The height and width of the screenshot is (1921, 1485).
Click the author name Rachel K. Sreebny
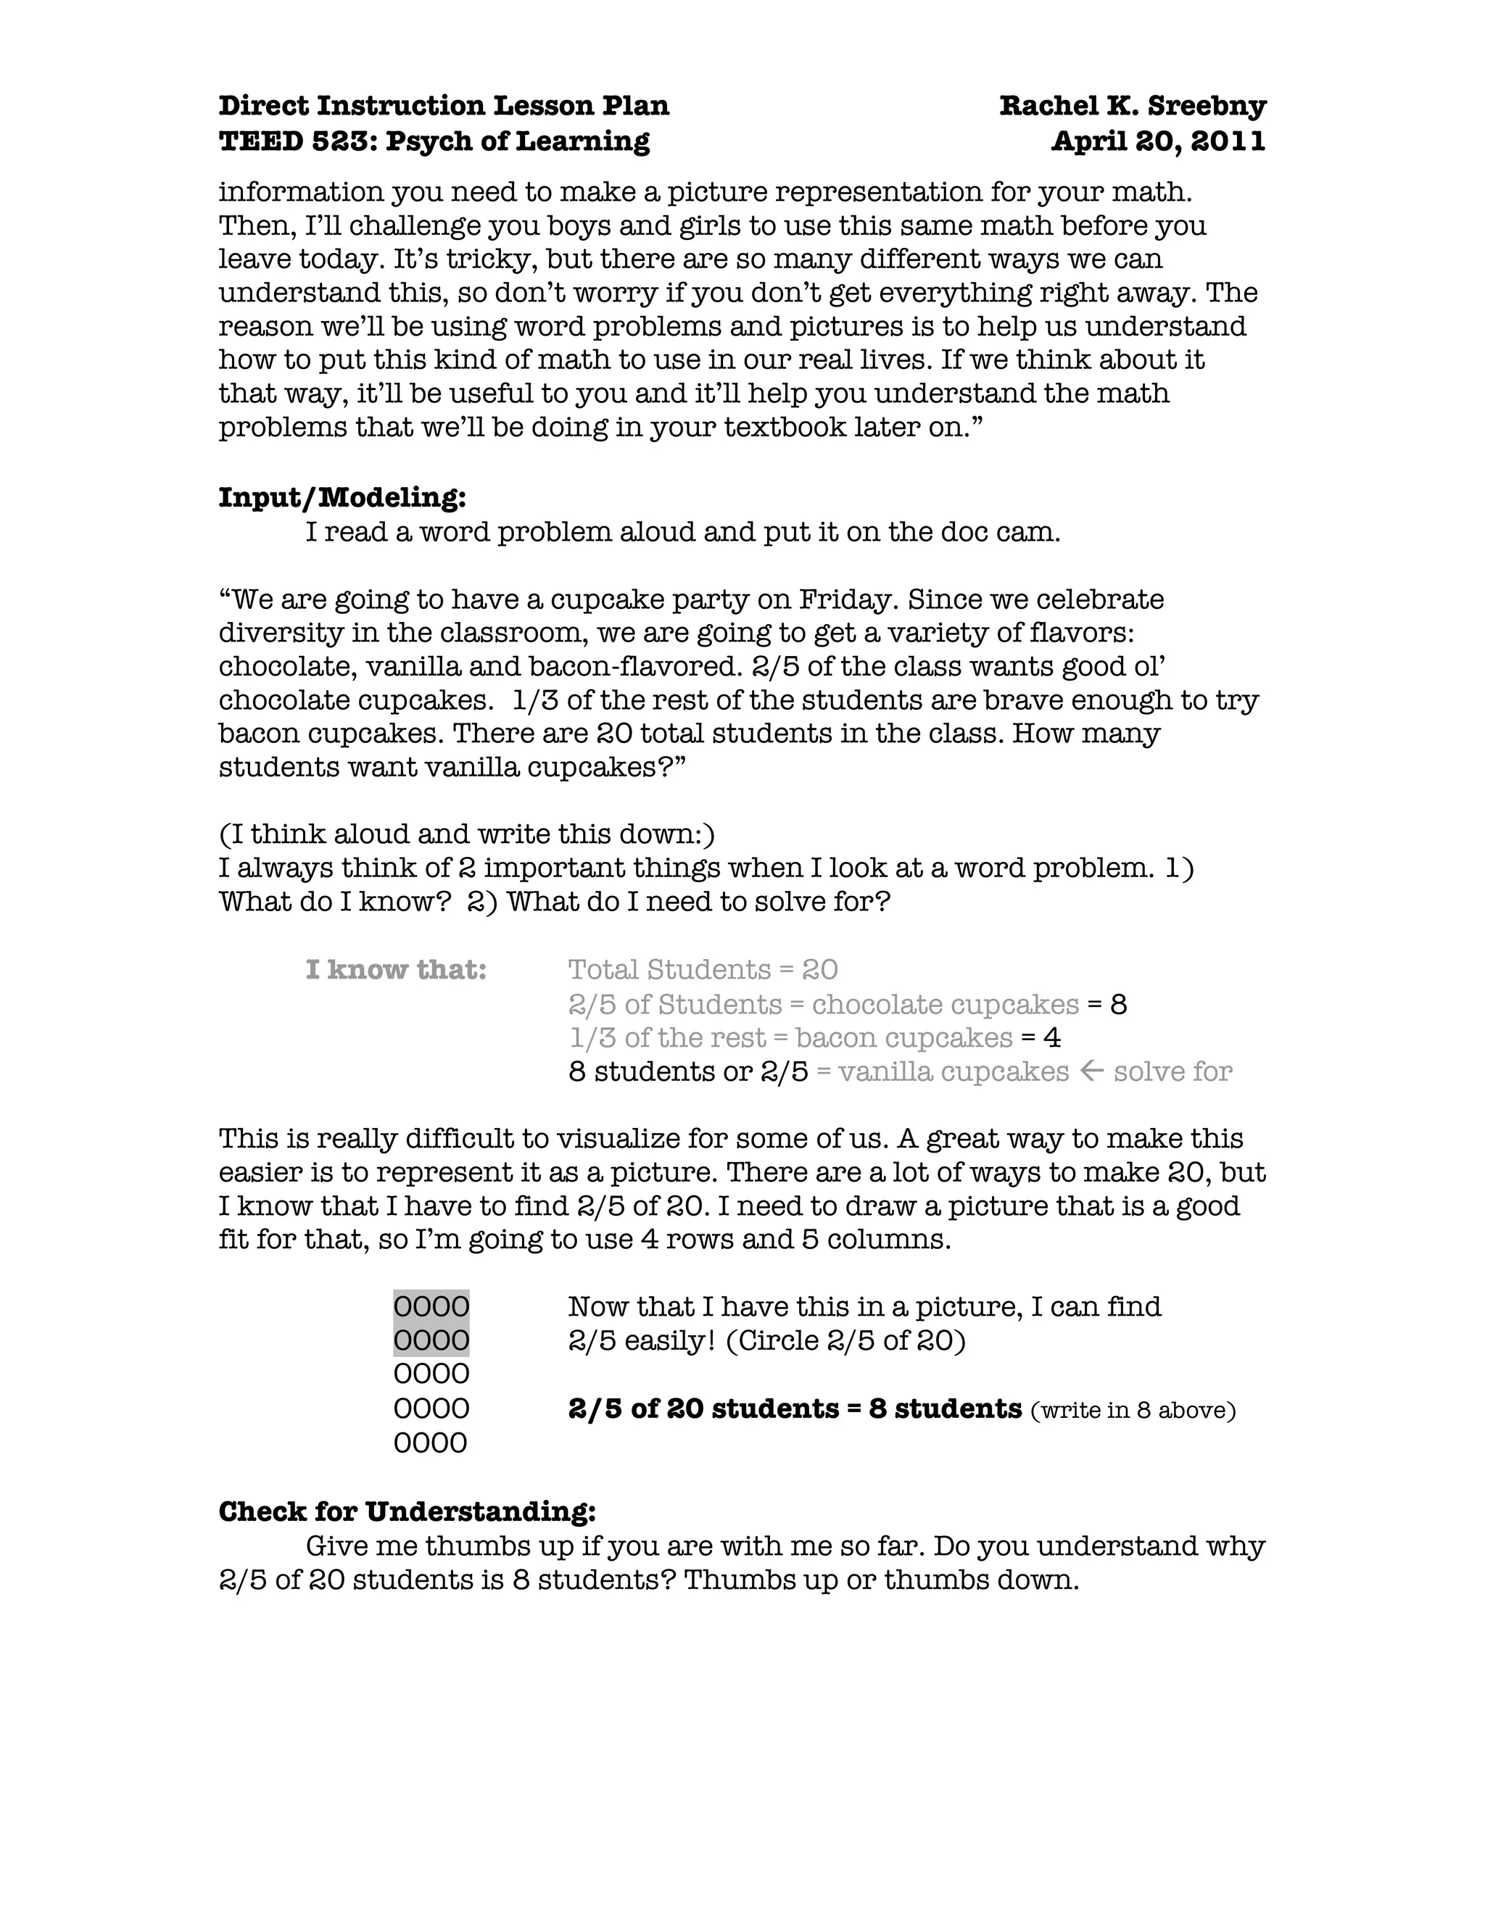click(1132, 106)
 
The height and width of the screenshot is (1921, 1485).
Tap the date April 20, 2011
click(1158, 141)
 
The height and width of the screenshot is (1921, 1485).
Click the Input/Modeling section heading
click(342, 498)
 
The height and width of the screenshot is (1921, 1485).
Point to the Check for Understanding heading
click(407, 1511)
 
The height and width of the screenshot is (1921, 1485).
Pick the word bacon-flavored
click(635, 666)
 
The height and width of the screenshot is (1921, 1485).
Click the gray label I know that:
click(396, 969)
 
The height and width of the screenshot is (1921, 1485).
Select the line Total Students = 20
click(702, 969)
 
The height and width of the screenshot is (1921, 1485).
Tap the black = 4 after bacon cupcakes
click(1041, 1037)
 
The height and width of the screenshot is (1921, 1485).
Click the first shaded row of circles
click(431, 1306)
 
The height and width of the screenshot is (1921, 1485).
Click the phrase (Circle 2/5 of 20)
click(845, 1340)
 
